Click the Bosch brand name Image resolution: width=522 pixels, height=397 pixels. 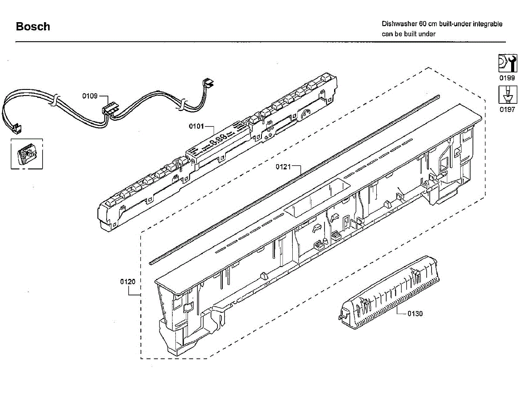tap(33, 26)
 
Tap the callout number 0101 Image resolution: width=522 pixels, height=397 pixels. tap(196, 126)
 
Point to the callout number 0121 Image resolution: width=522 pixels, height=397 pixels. tap(283, 167)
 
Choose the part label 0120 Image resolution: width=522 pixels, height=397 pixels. tap(128, 281)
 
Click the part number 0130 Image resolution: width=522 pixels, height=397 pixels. tap(415, 314)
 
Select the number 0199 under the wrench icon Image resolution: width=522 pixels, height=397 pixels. tap(507, 78)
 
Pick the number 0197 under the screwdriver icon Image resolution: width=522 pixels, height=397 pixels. tap(507, 110)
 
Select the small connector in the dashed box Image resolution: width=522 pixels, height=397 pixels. tap(26, 155)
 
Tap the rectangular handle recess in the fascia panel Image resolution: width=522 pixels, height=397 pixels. tap(317, 199)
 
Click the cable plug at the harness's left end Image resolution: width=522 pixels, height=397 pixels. tap(17, 128)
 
